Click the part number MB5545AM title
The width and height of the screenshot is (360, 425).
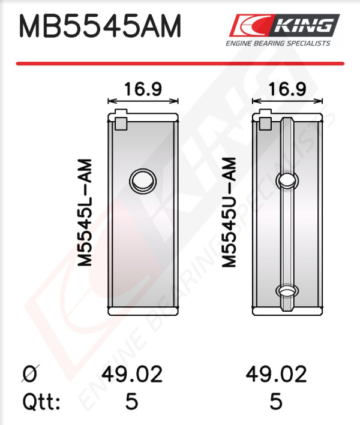click(100, 26)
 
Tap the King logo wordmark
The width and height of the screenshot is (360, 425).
click(304, 25)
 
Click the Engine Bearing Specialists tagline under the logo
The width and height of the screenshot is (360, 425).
click(278, 43)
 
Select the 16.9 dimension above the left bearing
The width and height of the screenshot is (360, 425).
click(143, 89)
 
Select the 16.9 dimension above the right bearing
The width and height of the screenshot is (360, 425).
click(287, 89)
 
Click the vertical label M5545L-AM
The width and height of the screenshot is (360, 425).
click(85, 213)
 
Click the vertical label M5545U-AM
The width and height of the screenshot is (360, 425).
click(229, 212)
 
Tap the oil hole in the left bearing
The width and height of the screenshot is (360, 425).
click(143, 181)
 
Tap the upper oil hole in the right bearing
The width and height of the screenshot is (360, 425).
click(287, 180)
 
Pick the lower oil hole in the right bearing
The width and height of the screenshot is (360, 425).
click(287, 291)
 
